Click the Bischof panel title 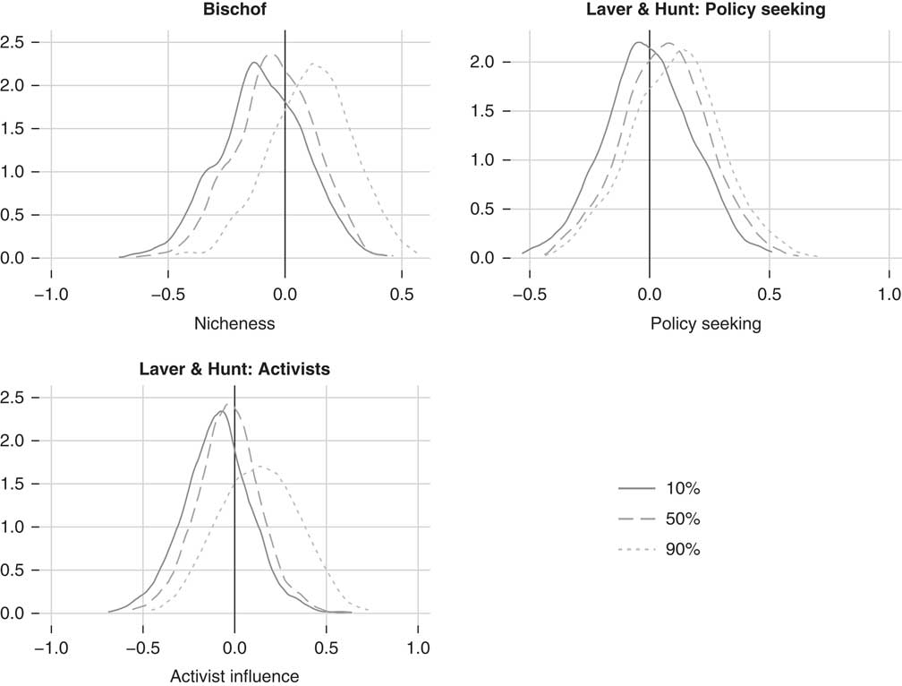point(285,10)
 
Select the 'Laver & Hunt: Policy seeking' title point(706,10)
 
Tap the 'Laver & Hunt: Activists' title point(234,368)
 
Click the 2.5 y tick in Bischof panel point(14,42)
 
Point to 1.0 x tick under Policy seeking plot point(889,294)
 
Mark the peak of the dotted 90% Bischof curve point(314,64)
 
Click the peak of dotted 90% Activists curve point(260,467)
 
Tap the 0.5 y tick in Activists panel point(14,570)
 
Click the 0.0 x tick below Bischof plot point(285,294)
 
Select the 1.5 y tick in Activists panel point(14,484)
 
